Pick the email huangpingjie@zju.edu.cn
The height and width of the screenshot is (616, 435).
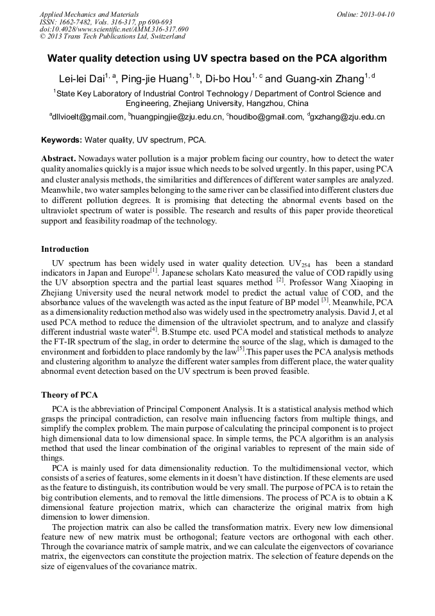coord(178,117)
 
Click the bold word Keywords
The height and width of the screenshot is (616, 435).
coord(62,139)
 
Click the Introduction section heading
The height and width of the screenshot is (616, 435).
coord(65,249)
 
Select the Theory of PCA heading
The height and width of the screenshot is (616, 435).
coord(69,394)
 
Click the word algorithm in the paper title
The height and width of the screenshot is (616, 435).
coord(363,58)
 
